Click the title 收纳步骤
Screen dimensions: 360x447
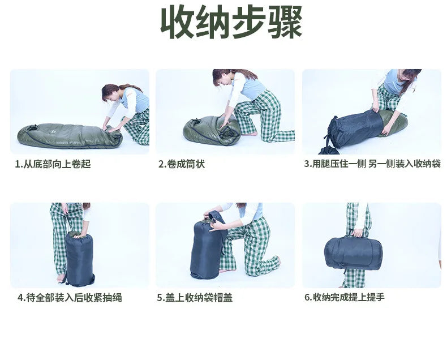click(x=231, y=23)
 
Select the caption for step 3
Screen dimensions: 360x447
click(x=372, y=164)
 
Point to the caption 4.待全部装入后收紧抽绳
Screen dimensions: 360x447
click(x=70, y=297)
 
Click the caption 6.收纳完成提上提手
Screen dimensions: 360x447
click(x=345, y=297)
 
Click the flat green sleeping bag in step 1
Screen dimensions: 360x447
click(x=62, y=136)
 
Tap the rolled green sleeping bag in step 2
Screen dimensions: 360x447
click(x=209, y=130)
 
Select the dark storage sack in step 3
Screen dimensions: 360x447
click(x=354, y=129)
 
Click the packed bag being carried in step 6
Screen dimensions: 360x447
click(x=353, y=252)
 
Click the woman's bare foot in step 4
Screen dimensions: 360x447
click(x=61, y=278)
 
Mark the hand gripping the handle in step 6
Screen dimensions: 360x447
click(x=358, y=233)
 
